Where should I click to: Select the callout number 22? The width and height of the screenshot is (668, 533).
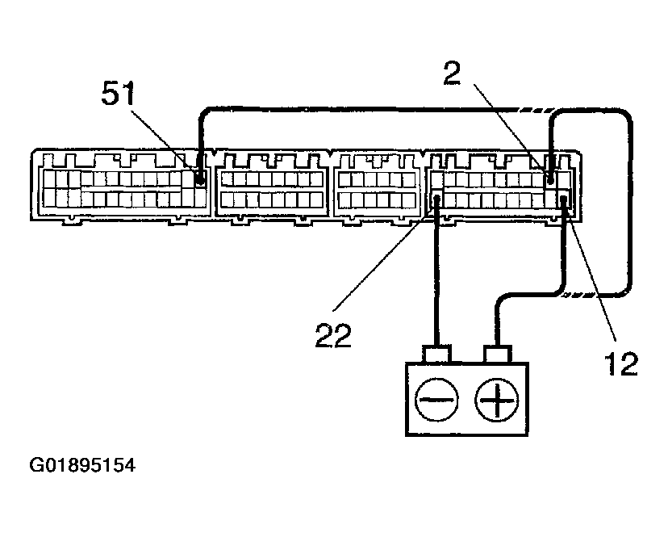pos(333,334)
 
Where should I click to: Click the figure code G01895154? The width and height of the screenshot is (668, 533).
pos(82,466)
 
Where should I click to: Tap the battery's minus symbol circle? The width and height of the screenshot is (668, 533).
pos(436,398)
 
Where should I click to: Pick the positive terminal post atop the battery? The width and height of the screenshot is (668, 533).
pos(495,355)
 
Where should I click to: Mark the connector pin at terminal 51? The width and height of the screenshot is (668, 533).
pos(200,181)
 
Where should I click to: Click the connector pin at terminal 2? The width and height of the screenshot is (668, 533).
pos(550,180)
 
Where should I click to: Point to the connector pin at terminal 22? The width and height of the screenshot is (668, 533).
pos(436,199)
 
